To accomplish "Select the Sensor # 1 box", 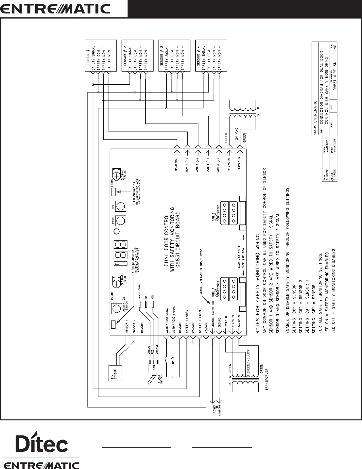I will [x=101, y=55].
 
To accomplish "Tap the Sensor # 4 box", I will [x=210, y=55].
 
